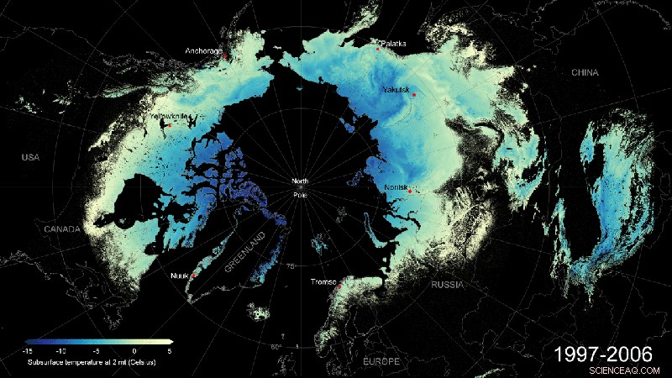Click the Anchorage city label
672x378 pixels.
coord(203,51)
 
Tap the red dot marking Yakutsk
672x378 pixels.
coord(414,96)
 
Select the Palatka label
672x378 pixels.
coord(393,43)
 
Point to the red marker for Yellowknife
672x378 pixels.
coord(170,125)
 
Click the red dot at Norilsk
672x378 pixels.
coord(409,192)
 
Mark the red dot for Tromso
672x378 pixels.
coord(339,287)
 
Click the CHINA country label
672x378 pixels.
coord(585,73)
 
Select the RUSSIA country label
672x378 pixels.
coord(447,286)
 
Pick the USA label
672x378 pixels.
coord(30,157)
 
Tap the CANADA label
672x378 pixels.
coord(39,228)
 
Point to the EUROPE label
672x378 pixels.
coord(380,360)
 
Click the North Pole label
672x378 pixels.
coord(300,188)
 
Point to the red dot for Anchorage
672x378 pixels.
coord(224,57)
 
